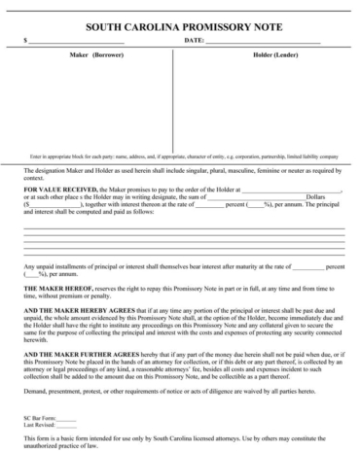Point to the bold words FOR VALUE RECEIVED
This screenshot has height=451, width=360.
tap(56, 190)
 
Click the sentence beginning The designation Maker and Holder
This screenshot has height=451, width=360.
tap(181, 172)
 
